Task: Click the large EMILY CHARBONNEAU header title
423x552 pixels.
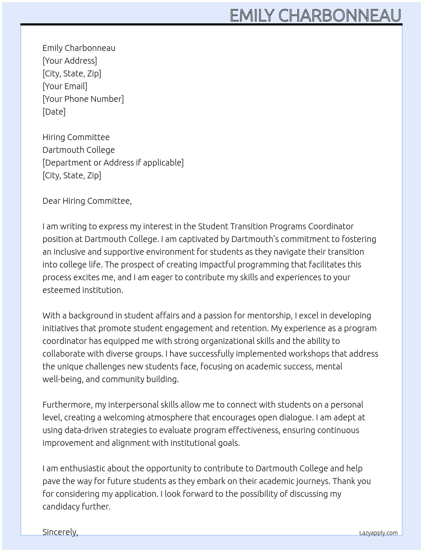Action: pos(315,16)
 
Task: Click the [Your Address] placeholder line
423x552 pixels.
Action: pos(70,61)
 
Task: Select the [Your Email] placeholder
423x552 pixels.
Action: pos(65,86)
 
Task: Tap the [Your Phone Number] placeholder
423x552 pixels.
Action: pos(83,99)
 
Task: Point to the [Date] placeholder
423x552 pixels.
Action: pos(54,112)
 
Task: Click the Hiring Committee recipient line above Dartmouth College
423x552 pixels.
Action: pos(76,137)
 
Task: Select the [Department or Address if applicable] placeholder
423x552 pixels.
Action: pos(113,163)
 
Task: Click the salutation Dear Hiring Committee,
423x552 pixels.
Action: pos(87,201)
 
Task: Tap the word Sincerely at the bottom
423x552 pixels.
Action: pos(60,532)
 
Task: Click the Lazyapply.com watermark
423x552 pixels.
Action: pos(378,533)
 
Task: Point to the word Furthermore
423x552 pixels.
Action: pos(67,405)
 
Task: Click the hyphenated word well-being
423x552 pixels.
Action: pos(63,379)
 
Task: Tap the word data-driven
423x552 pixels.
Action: pos(86,430)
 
